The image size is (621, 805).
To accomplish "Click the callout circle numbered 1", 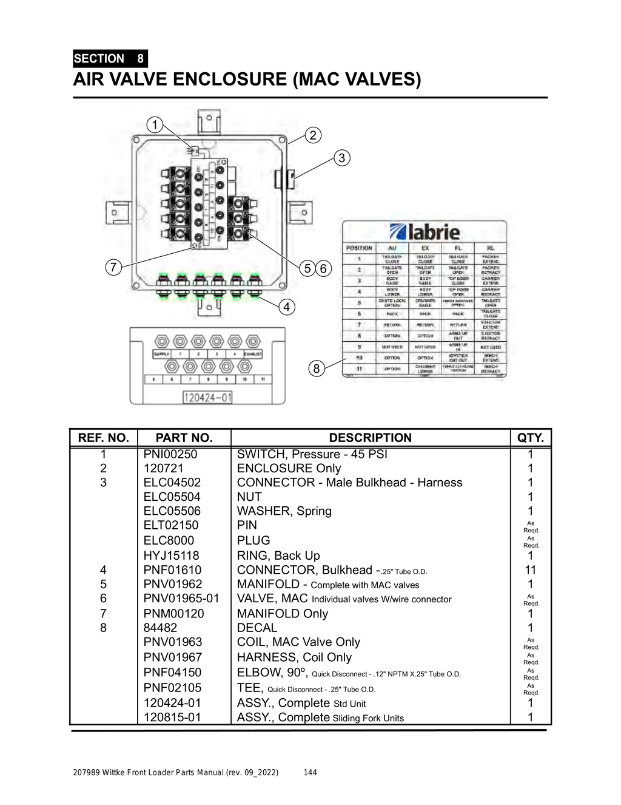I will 155,125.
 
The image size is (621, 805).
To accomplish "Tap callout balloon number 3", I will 342,158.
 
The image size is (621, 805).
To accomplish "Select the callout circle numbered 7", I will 113,267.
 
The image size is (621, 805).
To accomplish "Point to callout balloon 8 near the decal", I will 316,368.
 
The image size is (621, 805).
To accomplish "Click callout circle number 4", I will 287,307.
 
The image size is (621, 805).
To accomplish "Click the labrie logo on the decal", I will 425,231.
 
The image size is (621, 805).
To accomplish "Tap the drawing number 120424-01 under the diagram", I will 207,398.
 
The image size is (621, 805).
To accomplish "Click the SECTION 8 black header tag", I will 110,58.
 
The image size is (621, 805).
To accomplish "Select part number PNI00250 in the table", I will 170,454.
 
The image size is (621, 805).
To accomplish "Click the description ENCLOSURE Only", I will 289,468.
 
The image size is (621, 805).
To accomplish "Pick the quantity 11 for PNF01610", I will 530,569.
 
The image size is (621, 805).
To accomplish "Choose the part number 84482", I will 160,628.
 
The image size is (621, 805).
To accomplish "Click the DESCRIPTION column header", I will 370,438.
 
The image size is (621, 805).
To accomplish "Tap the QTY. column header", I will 531,438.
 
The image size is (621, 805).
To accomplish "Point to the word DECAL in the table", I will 257,628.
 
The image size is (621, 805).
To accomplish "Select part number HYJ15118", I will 171,555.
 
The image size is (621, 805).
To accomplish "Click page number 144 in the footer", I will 310,772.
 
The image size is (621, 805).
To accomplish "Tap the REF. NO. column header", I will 103,438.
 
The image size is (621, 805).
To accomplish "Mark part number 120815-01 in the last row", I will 172,717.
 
